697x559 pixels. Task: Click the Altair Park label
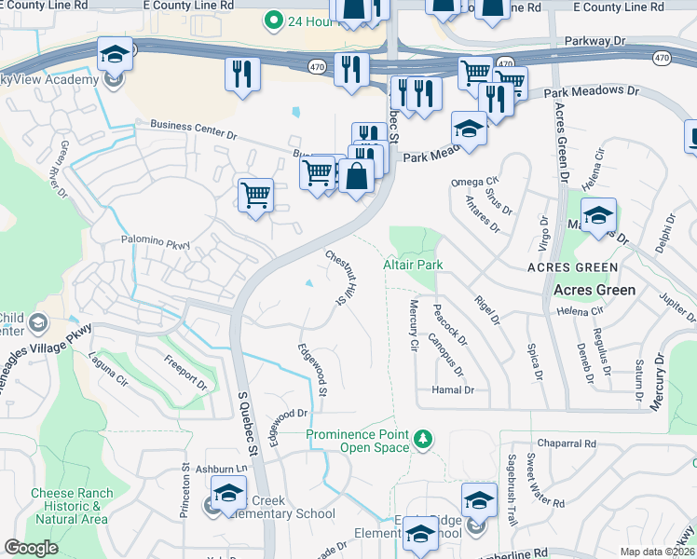413,266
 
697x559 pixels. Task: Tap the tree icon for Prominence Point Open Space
423,438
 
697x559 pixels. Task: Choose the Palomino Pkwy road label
156,242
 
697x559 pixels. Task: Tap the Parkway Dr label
595,42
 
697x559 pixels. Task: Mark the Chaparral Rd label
566,444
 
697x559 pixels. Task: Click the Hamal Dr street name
453,390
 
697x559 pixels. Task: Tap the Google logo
31,548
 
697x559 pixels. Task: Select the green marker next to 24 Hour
274,19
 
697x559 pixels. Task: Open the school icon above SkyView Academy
115,55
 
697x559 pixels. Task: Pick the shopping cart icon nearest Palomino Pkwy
255,195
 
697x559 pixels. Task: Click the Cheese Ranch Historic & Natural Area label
71,506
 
